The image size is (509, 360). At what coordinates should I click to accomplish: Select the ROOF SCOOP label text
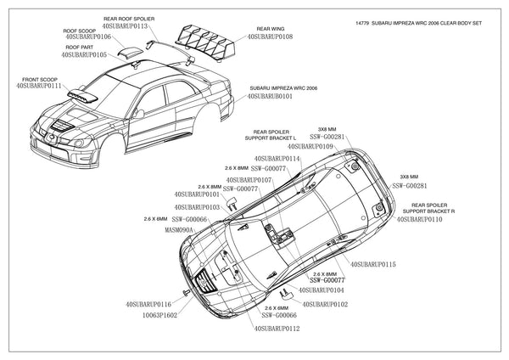coord(81,31)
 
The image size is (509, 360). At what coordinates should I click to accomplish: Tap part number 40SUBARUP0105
coord(79,54)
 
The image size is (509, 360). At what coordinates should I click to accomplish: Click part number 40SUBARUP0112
coord(276,327)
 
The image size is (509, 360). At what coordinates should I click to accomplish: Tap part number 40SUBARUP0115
coord(373,264)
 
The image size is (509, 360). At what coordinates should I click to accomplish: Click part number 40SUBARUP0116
coord(148,303)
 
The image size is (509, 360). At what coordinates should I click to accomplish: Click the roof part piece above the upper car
coord(131,53)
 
